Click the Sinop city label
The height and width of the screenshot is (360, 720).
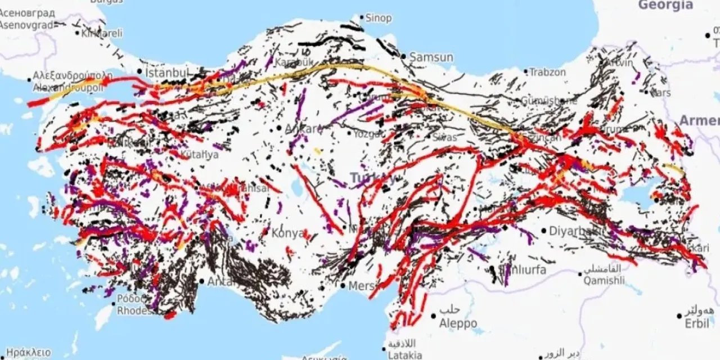[379, 18]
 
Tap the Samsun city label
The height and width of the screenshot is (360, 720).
[431, 57]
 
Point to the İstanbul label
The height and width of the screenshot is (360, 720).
[166, 73]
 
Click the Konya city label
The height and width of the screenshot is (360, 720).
[287, 233]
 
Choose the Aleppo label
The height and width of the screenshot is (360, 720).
[458, 323]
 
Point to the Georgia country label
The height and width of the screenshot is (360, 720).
[665, 5]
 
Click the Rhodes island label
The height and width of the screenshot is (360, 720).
[134, 310]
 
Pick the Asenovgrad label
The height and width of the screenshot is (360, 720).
[26, 25]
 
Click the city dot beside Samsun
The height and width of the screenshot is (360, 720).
[403, 56]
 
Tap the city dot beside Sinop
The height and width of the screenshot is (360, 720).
[362, 17]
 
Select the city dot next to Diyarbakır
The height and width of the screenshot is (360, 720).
[543, 230]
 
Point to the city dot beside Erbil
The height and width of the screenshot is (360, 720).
[680, 316]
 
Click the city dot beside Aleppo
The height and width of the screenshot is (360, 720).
[433, 316]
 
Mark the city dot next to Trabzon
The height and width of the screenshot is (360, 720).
[526, 72]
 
